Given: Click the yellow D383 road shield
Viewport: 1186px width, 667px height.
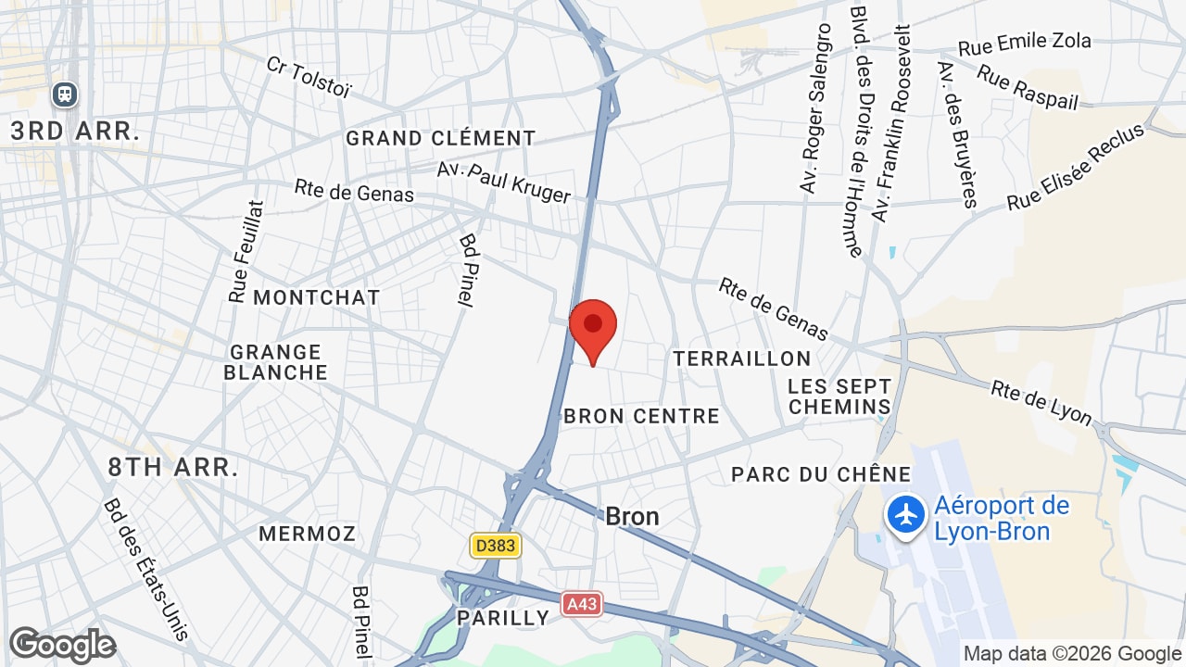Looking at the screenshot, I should [x=495, y=546].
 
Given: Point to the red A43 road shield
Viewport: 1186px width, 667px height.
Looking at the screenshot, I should [x=581, y=605].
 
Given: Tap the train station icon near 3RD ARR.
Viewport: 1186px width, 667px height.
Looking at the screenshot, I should [x=65, y=94].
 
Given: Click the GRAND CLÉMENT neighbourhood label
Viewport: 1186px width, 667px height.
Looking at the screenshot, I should [x=440, y=139].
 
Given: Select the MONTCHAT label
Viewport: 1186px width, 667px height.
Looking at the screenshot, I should [x=316, y=297].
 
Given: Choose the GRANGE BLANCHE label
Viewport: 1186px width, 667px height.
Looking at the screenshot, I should [x=276, y=362].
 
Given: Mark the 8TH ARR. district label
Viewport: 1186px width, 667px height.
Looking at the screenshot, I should [x=172, y=467].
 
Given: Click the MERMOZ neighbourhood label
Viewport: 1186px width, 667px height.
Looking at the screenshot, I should [x=307, y=534].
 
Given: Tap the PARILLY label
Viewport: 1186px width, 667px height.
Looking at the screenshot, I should [x=503, y=618].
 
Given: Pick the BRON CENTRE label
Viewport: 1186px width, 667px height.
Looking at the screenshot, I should [x=641, y=417].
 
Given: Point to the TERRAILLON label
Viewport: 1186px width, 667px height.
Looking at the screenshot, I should [x=741, y=359].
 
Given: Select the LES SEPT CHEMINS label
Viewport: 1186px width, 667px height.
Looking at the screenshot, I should [x=839, y=396].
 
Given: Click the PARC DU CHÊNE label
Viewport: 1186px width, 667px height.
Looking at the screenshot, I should [x=821, y=474].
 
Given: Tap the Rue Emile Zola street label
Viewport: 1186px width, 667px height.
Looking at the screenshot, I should [x=1024, y=43].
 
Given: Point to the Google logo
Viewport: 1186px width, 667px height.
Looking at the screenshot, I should [x=62, y=645].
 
